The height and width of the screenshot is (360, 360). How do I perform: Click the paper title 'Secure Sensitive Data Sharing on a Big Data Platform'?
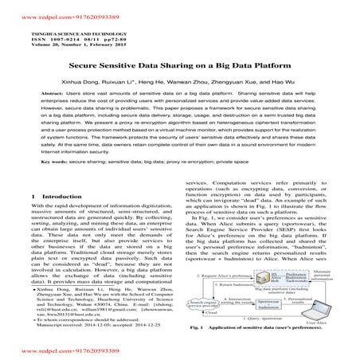pyautogui.click(x=180, y=68)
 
